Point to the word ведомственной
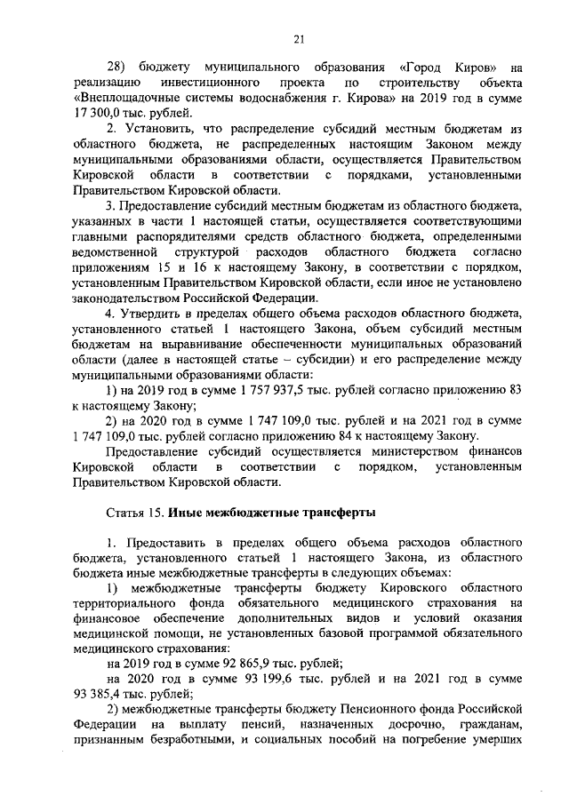pos(111,255)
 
